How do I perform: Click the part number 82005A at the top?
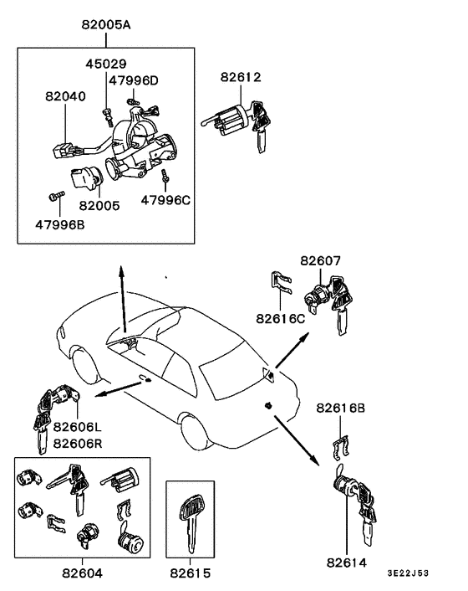(x=106, y=25)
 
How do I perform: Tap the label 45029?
(x=105, y=64)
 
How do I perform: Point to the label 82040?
(x=65, y=97)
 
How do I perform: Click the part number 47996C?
(x=165, y=200)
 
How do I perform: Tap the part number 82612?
(x=241, y=77)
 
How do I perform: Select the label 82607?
(x=321, y=261)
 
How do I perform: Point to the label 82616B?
(x=341, y=408)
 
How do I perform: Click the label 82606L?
(x=77, y=427)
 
